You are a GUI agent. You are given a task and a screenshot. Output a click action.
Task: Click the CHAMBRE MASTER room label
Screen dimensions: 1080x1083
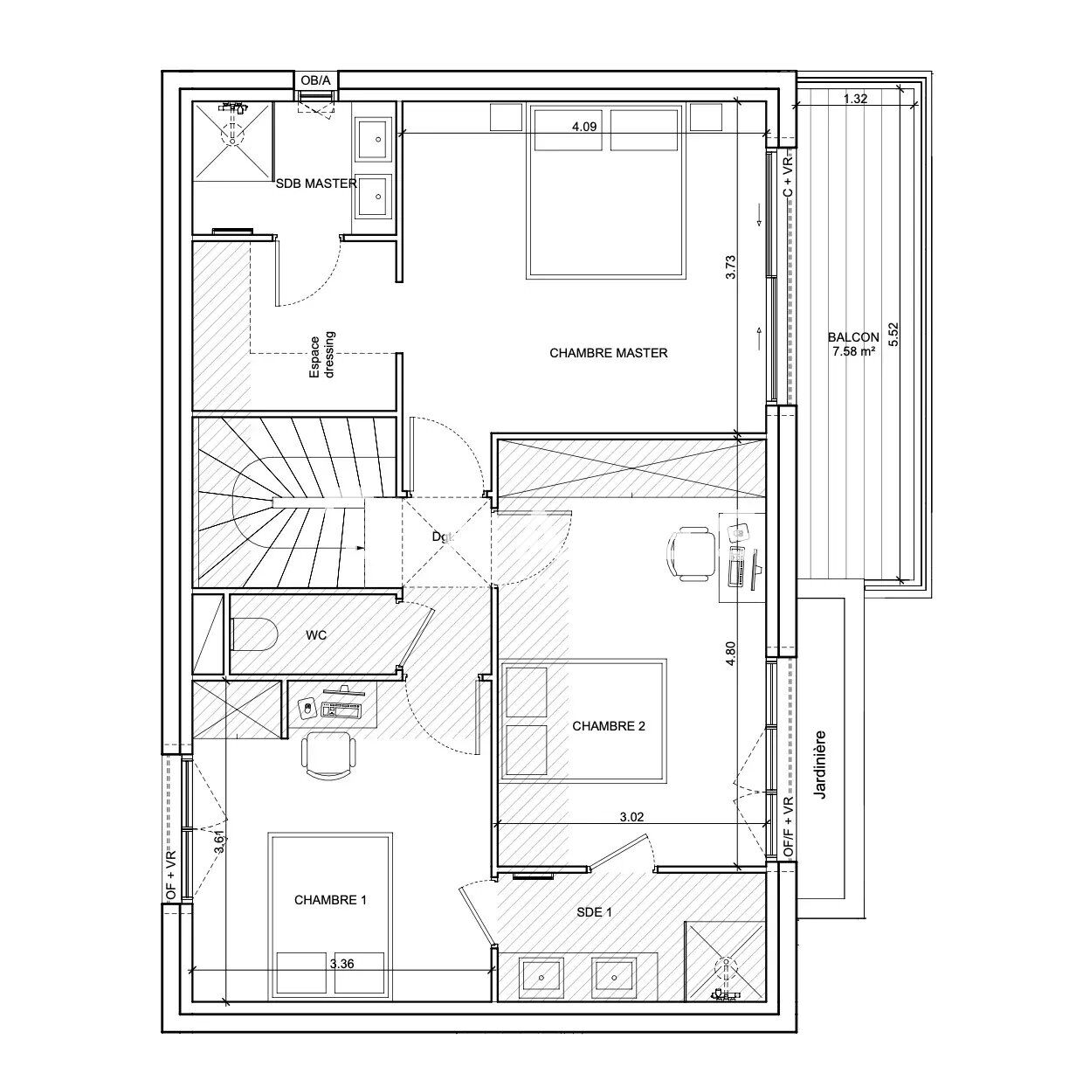click(608, 353)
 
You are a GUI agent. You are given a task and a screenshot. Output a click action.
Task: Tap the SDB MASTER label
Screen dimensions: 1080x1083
click(316, 183)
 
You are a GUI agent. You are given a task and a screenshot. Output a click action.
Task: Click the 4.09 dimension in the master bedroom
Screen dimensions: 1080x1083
click(583, 127)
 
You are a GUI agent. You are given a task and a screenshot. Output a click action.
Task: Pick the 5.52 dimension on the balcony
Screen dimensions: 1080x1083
click(893, 336)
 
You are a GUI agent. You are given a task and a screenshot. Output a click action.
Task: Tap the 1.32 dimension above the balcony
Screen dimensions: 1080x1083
click(855, 99)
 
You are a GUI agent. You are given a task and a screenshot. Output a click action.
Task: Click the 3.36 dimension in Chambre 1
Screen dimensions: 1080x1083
click(341, 965)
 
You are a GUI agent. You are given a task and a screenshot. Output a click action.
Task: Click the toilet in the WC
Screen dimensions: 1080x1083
click(253, 635)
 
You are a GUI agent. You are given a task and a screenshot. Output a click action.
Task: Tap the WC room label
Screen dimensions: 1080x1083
click(316, 635)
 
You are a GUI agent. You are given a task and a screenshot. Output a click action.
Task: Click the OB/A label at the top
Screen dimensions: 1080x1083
click(315, 80)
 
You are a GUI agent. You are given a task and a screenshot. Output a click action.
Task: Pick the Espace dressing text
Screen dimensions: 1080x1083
click(322, 355)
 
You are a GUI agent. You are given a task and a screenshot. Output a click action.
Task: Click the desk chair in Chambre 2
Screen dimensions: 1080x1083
click(690, 554)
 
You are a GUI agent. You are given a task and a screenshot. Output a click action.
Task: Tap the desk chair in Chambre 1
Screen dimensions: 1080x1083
click(328, 753)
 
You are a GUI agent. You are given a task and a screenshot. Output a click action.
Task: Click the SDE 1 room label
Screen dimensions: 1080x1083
click(594, 911)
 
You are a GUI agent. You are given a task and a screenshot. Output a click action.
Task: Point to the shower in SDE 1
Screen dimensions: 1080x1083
click(724, 961)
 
